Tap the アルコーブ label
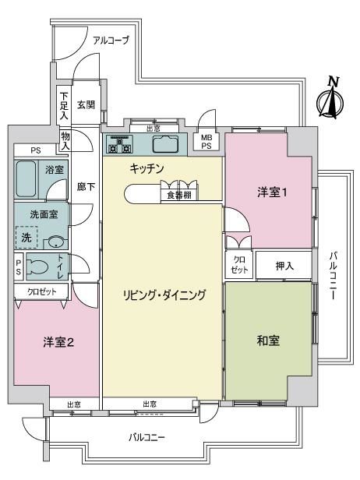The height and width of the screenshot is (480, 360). (x=111, y=40)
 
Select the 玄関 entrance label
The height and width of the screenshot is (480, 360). (x=86, y=105)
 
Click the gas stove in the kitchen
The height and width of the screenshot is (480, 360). (x=119, y=144)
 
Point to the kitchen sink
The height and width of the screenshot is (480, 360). (x=166, y=144)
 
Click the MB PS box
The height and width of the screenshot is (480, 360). (x=206, y=142)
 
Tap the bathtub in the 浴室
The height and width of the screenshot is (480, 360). (x=26, y=178)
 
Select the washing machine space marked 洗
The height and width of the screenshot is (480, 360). (x=26, y=237)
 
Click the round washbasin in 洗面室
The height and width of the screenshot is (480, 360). (x=56, y=243)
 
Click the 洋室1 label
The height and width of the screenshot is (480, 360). (x=272, y=192)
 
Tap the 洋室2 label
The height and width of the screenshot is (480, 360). (x=58, y=342)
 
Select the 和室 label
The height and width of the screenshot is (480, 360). (x=268, y=341)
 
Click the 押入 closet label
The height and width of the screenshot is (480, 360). (x=284, y=266)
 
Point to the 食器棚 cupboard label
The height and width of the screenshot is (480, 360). (x=179, y=195)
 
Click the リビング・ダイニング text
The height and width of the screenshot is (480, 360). (x=164, y=295)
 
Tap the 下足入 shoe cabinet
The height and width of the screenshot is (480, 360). (x=64, y=106)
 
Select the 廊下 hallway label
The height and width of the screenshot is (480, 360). (x=86, y=186)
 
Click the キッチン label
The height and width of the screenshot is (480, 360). (x=146, y=168)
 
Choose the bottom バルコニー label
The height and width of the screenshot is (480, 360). (x=146, y=437)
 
